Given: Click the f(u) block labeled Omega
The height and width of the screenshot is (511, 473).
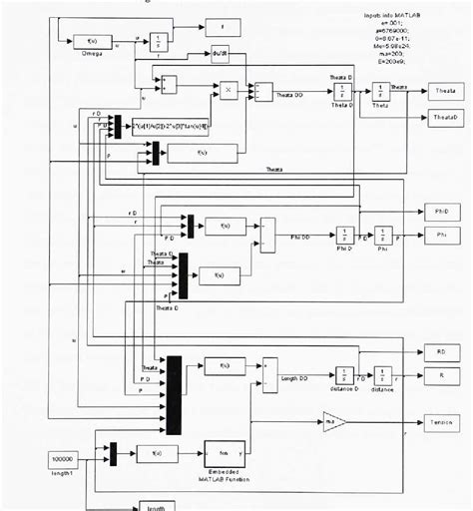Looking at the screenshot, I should [92, 41].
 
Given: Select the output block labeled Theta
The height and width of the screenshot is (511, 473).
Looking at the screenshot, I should [444, 92].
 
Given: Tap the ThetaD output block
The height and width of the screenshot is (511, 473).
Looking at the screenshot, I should [444, 117].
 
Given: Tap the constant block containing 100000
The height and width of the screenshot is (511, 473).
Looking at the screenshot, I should [64, 460].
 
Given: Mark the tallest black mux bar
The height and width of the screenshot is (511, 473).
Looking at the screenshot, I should [174, 394].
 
